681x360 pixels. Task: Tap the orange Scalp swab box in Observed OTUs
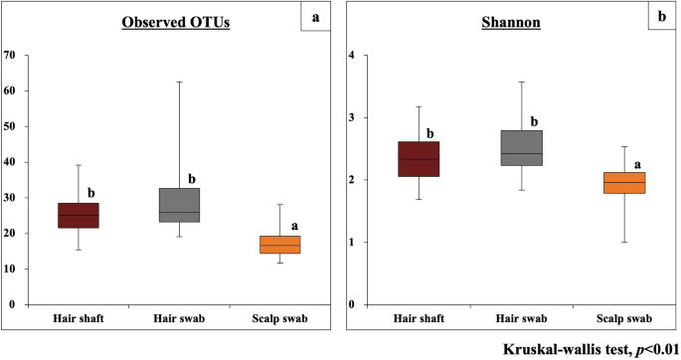279,245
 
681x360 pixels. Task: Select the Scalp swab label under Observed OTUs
279,318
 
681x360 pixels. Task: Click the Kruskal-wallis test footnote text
589,348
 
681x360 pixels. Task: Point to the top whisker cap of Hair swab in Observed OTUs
179,82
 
